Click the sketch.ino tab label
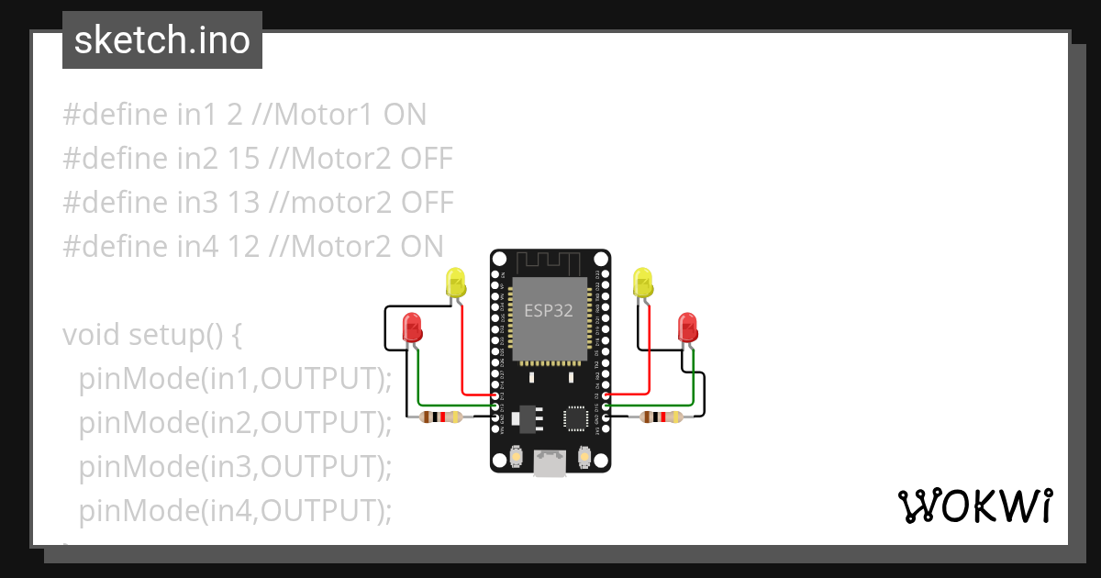[x=161, y=40]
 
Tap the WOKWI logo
[x=973, y=506]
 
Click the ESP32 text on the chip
[x=549, y=310]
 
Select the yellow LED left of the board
[x=456, y=282]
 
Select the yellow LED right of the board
[x=642, y=282]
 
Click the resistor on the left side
[x=440, y=417]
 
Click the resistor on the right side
[x=661, y=417]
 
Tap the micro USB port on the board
[x=550, y=463]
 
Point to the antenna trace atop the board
[x=549, y=263]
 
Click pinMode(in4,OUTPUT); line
[x=235, y=510]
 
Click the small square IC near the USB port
[x=576, y=417]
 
